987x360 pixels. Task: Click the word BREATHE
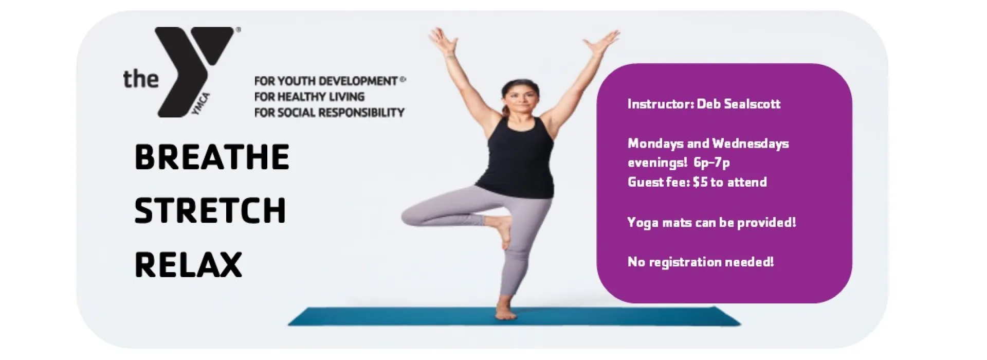click(x=212, y=157)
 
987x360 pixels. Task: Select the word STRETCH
click(x=210, y=210)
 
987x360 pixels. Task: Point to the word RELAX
click(x=188, y=264)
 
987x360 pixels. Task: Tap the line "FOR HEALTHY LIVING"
click(x=309, y=97)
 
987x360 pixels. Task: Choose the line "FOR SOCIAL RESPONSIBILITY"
click(x=330, y=112)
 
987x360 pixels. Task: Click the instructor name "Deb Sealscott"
click(x=739, y=104)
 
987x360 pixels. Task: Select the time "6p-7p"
click(x=711, y=163)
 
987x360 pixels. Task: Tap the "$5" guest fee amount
click(x=700, y=182)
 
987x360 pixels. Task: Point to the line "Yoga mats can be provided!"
click(x=711, y=223)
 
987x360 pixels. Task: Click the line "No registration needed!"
click(x=700, y=262)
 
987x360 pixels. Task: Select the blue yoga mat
click(x=514, y=316)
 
